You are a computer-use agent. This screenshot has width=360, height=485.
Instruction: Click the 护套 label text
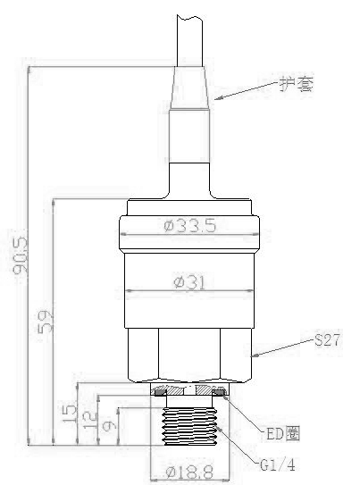pyautogui.click(x=295, y=86)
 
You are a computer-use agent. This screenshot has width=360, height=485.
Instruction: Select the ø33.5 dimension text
pyautogui.click(x=190, y=226)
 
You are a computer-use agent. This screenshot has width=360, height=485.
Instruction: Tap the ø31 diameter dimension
pyautogui.click(x=190, y=282)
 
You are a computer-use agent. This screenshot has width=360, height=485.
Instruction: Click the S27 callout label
pyautogui.click(x=327, y=341)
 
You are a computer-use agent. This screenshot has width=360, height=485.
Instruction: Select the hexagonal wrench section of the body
pyautogui.click(x=190, y=353)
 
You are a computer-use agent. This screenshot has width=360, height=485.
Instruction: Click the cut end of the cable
pyautogui.click(x=191, y=18)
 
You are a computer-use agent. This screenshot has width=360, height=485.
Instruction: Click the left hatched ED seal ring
pyautogui.click(x=161, y=392)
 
